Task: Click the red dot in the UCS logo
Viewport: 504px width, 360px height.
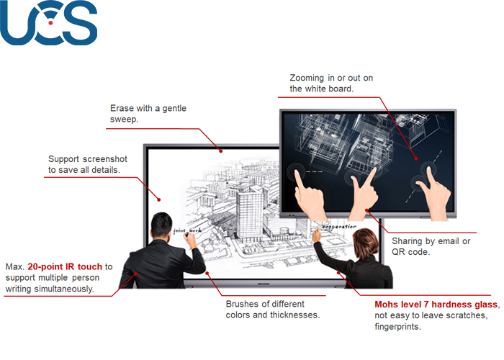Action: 50,23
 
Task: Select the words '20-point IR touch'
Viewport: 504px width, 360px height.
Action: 65,267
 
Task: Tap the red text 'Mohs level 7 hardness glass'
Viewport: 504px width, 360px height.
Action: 436,305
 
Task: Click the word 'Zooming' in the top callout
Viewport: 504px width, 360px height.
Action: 307,78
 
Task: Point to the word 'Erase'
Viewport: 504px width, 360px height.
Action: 120,108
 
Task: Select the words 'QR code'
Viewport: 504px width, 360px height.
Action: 410,252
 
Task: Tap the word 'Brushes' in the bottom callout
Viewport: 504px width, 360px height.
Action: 243,304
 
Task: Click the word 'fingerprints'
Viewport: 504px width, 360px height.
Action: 397,327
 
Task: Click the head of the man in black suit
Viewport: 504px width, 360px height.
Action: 161,225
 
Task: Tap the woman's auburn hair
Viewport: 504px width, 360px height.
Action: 366,243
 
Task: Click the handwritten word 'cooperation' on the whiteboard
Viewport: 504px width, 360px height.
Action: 339,227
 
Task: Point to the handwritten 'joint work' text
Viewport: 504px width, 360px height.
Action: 187,230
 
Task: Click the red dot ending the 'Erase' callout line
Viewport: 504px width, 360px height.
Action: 221,150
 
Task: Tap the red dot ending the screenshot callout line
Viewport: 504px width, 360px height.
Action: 159,199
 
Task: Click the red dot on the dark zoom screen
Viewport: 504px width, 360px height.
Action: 416,158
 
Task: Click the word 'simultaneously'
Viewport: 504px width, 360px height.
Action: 63,289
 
